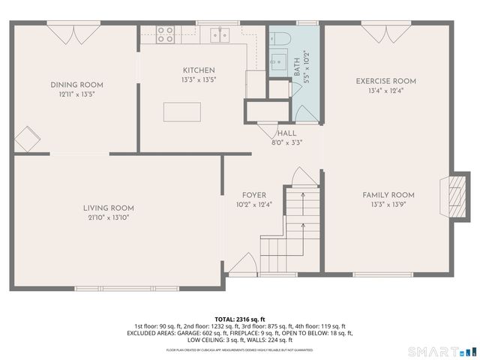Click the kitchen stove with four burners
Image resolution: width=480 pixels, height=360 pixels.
(x=165, y=33)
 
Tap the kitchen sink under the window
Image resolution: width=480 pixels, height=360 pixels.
(x=220, y=33)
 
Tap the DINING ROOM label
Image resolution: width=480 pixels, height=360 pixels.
(x=76, y=85)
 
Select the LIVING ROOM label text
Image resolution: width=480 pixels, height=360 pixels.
(x=108, y=208)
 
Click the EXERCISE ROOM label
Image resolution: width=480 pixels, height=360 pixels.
(x=386, y=81)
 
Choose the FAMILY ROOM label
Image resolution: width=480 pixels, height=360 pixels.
(x=388, y=195)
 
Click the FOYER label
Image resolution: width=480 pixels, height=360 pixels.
(x=253, y=195)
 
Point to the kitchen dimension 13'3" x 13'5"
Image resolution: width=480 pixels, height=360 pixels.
(x=198, y=79)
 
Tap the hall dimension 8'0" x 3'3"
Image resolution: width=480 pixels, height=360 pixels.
(x=286, y=142)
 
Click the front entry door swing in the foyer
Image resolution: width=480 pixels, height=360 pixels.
(x=241, y=264)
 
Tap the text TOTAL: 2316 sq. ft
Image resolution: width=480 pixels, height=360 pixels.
(x=240, y=319)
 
